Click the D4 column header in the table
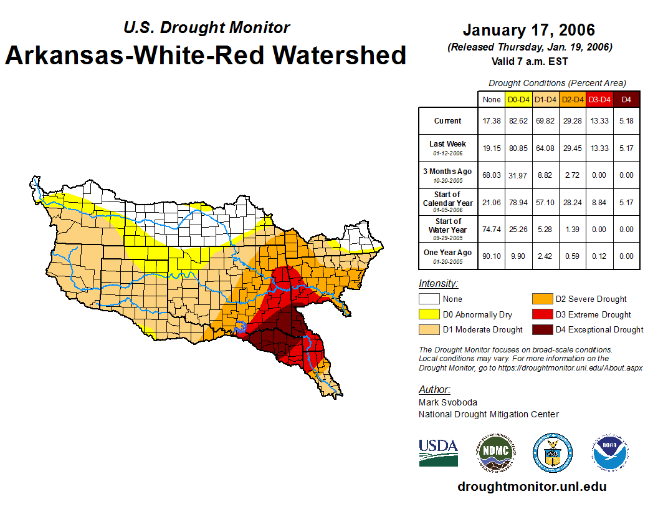click(626, 99)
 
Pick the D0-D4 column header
click(518, 99)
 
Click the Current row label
click(448, 121)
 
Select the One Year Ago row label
click(448, 253)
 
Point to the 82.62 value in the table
click(518, 121)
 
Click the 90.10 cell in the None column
click(492, 256)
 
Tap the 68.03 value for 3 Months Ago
click(492, 175)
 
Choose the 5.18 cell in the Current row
click(626, 121)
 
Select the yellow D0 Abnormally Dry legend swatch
click(429, 314)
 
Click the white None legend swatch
click(429, 299)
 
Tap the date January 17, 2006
click(529, 30)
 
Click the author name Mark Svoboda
click(448, 402)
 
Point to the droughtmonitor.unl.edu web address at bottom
click(532, 487)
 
